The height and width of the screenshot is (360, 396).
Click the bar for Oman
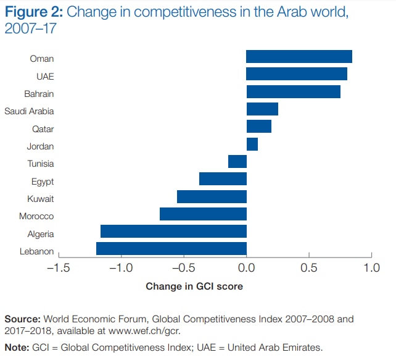[x=299, y=57]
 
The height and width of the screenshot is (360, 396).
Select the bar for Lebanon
[x=171, y=249]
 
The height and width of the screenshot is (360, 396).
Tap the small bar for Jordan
[x=252, y=144]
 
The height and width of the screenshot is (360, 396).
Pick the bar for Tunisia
[x=237, y=162]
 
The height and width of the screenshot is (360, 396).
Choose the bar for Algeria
[x=173, y=232]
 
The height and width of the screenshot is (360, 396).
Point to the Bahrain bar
[x=294, y=92]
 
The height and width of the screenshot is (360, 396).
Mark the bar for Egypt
[x=223, y=179]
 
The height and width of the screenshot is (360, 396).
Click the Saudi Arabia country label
[x=29, y=111]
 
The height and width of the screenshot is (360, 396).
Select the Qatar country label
[x=43, y=129]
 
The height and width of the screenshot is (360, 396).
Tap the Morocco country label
[x=36, y=216]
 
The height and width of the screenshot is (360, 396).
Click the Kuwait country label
[x=40, y=199]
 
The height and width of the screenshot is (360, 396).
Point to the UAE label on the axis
[x=45, y=77]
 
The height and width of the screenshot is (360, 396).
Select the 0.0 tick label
[x=247, y=268]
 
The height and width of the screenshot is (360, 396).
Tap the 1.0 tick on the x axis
[x=371, y=268]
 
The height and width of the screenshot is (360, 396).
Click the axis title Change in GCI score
[x=194, y=287]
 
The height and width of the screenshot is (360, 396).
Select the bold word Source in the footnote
[x=22, y=319]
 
